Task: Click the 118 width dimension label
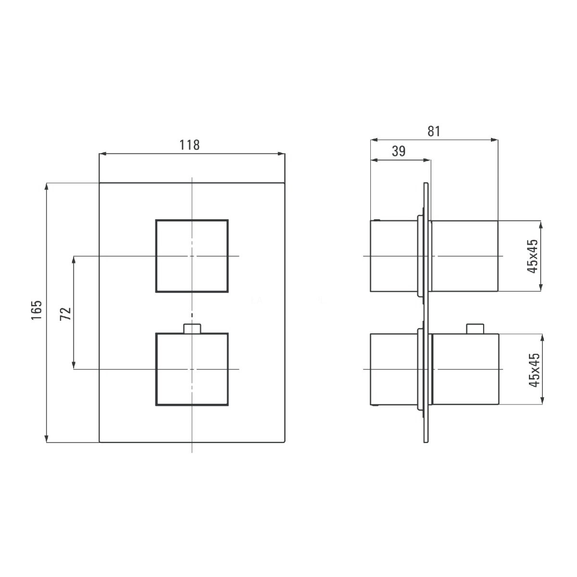189,145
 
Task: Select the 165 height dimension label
37,310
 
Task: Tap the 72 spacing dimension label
65,314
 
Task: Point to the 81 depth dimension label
434,131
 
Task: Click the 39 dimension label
399,151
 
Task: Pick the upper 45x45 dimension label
532,256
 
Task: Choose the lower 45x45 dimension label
534,370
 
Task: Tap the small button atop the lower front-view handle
192,328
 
